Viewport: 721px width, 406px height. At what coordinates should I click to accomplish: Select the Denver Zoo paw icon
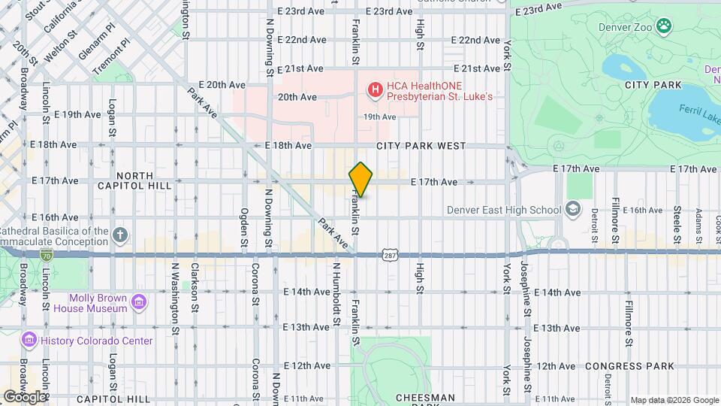click(x=664, y=27)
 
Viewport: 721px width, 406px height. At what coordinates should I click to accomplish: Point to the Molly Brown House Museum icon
click(x=138, y=302)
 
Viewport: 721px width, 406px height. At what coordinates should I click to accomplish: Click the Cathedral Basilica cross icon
click(x=120, y=235)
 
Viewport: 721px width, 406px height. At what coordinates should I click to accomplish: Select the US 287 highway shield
click(x=389, y=256)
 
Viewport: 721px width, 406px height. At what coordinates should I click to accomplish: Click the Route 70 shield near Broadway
click(x=47, y=256)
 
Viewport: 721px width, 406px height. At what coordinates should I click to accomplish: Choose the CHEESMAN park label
click(x=425, y=398)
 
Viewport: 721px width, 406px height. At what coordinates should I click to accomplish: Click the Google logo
click(x=25, y=396)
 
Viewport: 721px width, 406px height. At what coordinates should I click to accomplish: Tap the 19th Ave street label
click(x=379, y=117)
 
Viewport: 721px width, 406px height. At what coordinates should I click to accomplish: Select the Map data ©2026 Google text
click(x=674, y=400)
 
